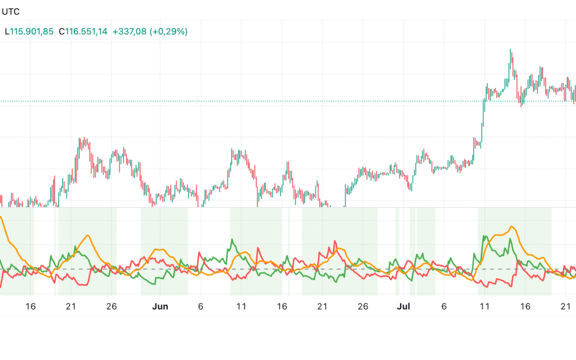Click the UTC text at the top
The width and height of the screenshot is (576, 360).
11,11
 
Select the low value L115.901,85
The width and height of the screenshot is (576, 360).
29,31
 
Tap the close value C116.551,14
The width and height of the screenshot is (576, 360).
83,31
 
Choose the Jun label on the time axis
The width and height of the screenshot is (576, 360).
160,306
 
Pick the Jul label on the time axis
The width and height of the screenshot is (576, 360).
404,306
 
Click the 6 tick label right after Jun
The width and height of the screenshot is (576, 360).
201,306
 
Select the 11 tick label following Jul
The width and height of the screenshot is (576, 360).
484,306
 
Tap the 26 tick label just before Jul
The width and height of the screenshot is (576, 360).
363,306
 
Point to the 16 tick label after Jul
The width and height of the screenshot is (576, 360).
525,306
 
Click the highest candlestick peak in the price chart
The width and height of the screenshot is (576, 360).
510,50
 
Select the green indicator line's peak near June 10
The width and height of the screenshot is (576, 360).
232,239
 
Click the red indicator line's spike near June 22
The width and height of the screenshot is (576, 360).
335,241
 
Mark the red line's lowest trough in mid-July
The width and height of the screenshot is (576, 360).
511,287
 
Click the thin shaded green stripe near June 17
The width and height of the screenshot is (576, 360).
289,251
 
